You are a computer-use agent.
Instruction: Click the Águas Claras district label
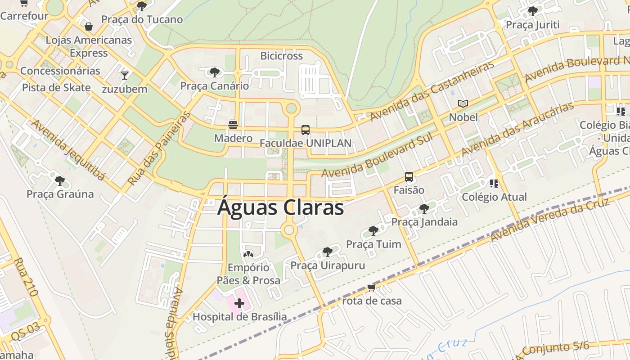[x=280, y=208]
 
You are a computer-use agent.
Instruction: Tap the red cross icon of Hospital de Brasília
[x=239, y=304]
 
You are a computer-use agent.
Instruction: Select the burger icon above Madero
[x=233, y=124]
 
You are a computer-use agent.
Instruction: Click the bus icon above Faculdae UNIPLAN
[x=306, y=130]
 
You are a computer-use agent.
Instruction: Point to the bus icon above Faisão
[x=409, y=177]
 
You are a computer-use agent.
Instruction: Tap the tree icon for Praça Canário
[x=215, y=72]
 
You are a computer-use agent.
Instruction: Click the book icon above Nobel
[x=463, y=104]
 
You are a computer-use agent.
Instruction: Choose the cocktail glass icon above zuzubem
[x=125, y=75]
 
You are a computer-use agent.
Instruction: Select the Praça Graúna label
[x=60, y=194]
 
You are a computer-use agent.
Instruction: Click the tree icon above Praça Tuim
[x=373, y=231]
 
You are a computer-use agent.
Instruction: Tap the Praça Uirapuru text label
[x=328, y=265]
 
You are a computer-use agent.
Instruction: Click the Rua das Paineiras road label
[x=159, y=149]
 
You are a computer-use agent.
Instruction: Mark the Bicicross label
[x=282, y=56]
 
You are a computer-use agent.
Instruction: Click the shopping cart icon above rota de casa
[x=371, y=288]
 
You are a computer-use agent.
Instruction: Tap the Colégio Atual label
[x=494, y=197]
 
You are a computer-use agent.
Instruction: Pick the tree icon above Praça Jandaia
[x=424, y=208]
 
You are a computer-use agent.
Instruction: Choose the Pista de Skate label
[x=56, y=87]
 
